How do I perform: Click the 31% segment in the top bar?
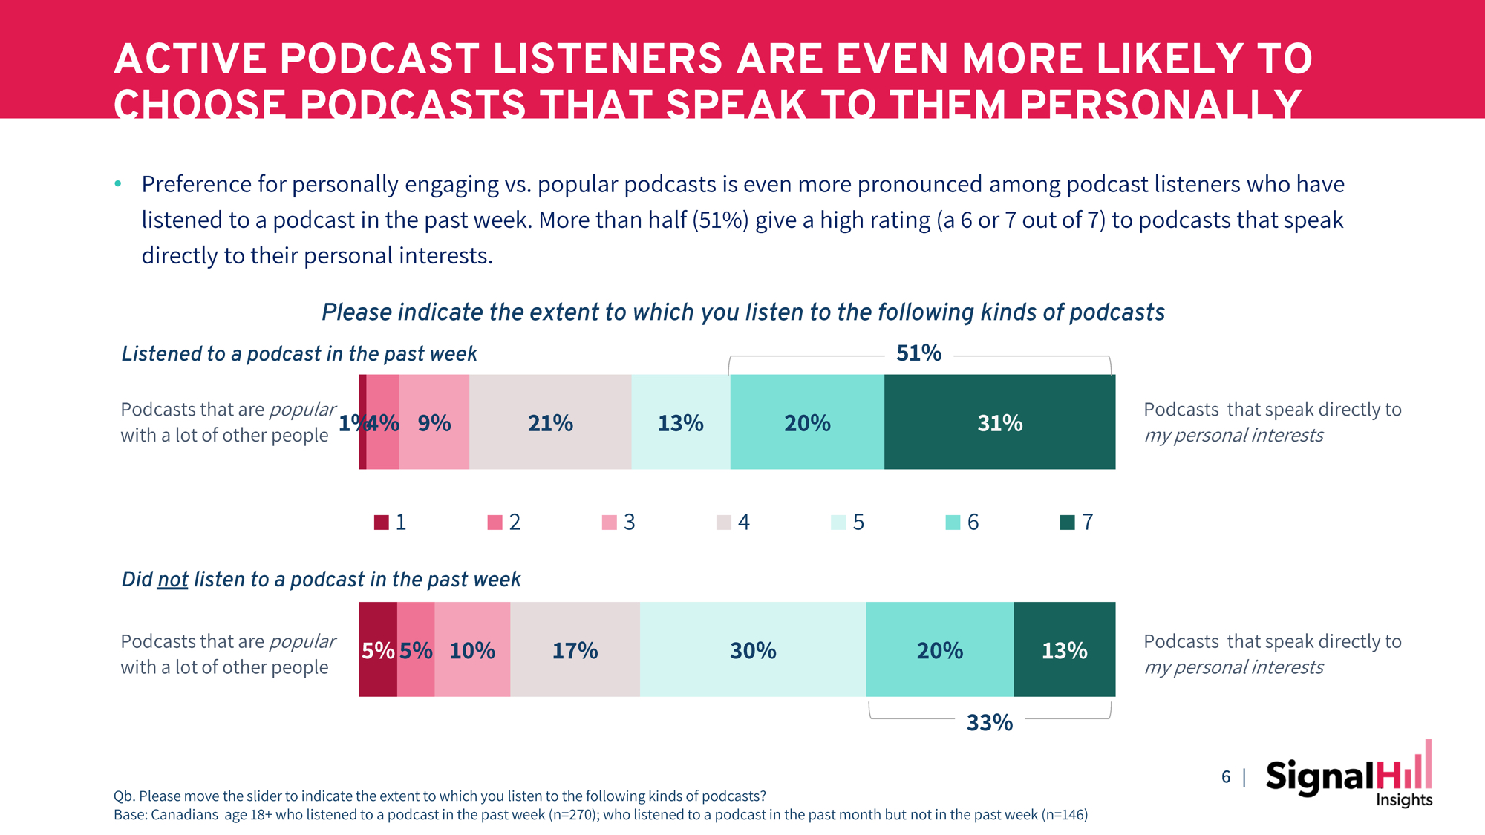(x=999, y=422)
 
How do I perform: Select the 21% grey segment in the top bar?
(x=550, y=422)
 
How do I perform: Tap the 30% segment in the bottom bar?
(x=753, y=650)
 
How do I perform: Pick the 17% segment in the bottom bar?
(x=575, y=650)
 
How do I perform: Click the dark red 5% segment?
(x=378, y=650)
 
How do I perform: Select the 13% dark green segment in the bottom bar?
(x=1064, y=650)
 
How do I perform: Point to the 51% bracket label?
(x=918, y=353)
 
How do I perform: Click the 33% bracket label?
(x=989, y=722)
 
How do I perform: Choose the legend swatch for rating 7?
(x=1067, y=523)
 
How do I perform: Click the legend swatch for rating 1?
(x=381, y=523)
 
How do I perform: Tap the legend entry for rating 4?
(x=734, y=523)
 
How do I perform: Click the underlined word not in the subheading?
(x=172, y=580)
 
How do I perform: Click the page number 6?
(x=1226, y=777)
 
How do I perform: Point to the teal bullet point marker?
(x=118, y=183)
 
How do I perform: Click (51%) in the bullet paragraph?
(x=720, y=220)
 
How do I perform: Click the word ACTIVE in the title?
(x=191, y=59)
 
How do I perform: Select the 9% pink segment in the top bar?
(x=434, y=422)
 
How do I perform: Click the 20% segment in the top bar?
(x=807, y=422)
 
